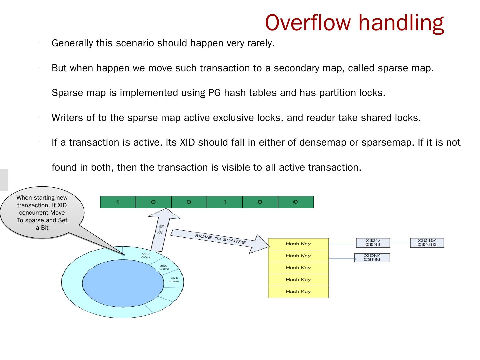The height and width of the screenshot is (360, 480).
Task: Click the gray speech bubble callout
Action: tap(42, 213)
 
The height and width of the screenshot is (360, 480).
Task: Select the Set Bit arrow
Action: tap(161, 230)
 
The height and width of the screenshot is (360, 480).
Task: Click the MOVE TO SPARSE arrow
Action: tap(220, 239)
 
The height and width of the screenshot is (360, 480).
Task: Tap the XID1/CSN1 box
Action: tap(373, 243)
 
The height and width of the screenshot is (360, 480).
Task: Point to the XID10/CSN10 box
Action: tap(427, 243)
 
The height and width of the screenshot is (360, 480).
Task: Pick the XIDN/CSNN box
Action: tap(372, 258)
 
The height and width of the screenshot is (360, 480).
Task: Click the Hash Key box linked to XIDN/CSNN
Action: tap(298, 256)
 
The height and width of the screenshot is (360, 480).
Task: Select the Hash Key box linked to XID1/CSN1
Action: tap(298, 244)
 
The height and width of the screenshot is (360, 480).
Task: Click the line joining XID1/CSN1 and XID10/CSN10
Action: tap(400, 243)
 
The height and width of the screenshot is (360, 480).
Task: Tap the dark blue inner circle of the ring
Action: tap(123, 283)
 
